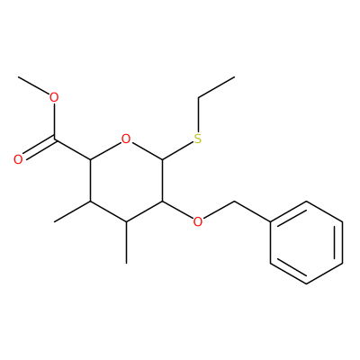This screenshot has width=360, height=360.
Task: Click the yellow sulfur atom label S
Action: point(198,139)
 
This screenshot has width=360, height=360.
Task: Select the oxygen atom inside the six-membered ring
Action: point(126,139)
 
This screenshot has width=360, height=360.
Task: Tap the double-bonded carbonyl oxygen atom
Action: point(18,159)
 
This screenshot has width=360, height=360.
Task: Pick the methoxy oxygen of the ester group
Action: point(54,97)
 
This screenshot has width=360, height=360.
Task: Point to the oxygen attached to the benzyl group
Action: point(198,222)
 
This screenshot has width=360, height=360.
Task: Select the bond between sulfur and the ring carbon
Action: point(177,150)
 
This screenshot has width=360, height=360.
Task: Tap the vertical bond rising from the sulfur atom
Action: point(198,115)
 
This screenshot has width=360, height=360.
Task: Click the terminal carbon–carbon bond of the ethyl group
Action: point(216,87)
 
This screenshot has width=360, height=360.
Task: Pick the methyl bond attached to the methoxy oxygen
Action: point(34,85)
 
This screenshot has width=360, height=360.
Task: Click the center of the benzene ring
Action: point(306,242)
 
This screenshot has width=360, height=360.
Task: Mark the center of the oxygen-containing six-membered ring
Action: point(126,181)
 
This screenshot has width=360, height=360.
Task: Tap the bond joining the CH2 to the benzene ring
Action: point(252,211)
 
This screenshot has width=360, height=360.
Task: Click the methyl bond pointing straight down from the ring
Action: point(126,243)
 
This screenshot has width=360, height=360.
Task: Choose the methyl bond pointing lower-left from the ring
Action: point(72,211)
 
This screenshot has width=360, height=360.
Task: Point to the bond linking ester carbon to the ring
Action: point(72,149)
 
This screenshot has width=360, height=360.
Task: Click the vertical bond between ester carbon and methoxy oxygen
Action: point(54,121)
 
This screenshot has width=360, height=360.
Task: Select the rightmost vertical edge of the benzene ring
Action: point(342,242)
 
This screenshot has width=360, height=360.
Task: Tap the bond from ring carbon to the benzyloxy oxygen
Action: point(177,210)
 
